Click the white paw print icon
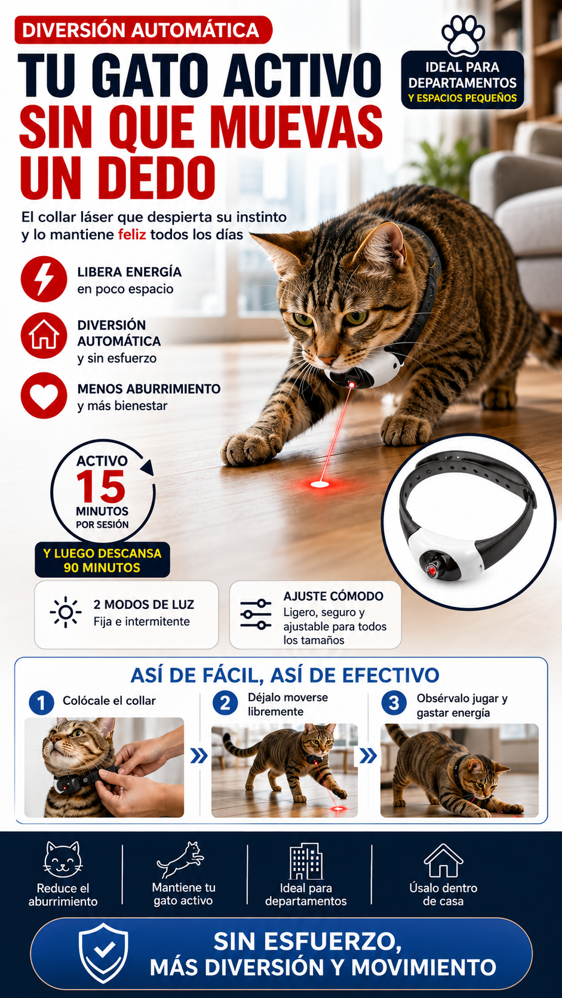[463, 35]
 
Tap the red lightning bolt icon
[44, 279]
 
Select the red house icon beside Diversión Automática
[44, 335]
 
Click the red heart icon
[44, 395]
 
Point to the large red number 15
[101, 486]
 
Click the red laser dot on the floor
[320, 484]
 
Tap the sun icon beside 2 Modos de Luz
[66, 612]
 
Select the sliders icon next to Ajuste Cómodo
[256, 614]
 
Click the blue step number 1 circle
[41, 703]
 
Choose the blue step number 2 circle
[225, 703]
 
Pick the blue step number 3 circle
[394, 703]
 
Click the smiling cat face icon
[63, 860]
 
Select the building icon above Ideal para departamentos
[306, 861]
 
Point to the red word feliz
[132, 235]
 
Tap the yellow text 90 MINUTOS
[102, 568]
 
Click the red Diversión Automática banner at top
[143, 30]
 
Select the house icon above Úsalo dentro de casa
[443, 860]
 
